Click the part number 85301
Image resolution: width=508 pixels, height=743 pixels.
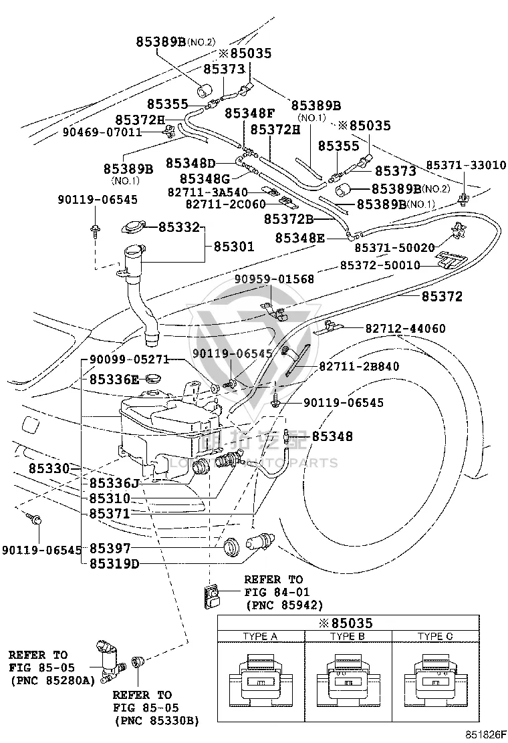tap(234, 247)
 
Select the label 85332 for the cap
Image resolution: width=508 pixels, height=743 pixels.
tap(179, 227)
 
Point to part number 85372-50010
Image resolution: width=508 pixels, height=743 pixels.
tap(380, 265)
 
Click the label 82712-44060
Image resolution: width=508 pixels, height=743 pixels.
tap(406, 328)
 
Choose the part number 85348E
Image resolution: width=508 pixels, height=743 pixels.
tap(300, 237)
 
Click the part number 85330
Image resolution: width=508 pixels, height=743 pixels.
tap(49, 468)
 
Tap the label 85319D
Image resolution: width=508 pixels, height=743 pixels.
tap(114, 564)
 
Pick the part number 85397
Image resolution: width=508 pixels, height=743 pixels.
tap(110, 549)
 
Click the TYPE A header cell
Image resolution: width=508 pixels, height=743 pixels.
tap(261, 636)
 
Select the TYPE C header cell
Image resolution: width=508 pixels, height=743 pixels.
tap(436, 636)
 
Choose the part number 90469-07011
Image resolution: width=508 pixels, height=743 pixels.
tap(102, 132)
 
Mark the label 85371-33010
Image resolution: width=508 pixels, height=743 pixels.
tap(467, 166)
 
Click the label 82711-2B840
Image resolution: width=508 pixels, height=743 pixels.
tap(359, 366)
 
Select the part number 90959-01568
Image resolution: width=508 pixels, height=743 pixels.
tap(274, 279)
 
